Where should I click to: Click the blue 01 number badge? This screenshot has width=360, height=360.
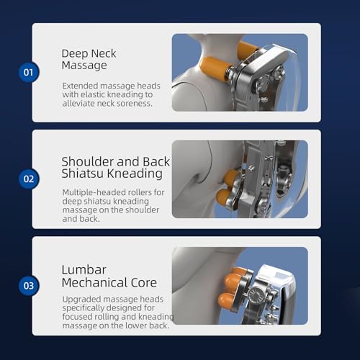pos(29,72)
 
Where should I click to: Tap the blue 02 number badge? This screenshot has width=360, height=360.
pos(29,179)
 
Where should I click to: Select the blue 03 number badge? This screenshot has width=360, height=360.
pos(29,286)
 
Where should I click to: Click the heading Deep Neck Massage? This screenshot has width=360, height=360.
pos(89,59)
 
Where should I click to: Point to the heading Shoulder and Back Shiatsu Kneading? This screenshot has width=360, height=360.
pos(116,168)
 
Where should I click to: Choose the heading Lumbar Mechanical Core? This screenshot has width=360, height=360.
pos(109,276)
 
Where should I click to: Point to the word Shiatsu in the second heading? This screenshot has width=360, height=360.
pos(82,174)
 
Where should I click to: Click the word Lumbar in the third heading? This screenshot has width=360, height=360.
pos(84,270)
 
